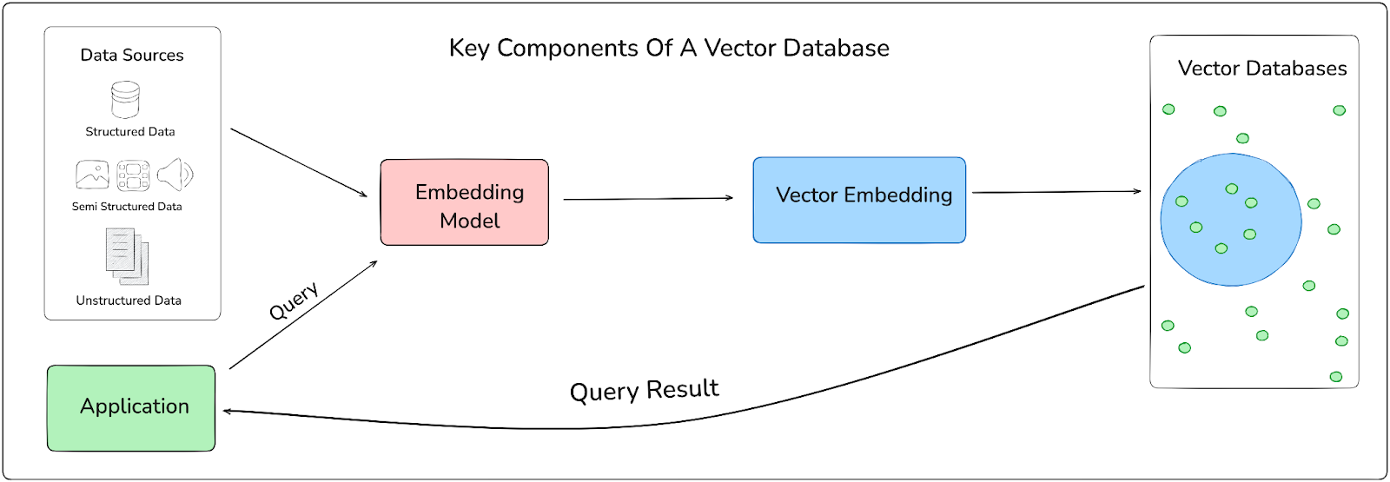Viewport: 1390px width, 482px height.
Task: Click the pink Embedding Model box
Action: coord(464,202)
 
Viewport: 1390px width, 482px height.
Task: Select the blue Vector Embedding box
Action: coord(859,200)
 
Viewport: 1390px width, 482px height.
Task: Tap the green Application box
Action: coord(131,408)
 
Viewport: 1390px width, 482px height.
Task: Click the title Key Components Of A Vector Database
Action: coord(669,49)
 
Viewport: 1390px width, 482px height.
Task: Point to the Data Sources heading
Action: coord(132,56)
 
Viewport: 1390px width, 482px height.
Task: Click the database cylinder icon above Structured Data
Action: coord(125,99)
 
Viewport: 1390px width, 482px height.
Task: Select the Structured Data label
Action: coord(130,131)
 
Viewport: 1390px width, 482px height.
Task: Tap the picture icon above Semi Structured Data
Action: coord(92,175)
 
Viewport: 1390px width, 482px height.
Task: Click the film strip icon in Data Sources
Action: coord(134,175)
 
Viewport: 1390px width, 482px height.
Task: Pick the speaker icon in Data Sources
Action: coord(175,174)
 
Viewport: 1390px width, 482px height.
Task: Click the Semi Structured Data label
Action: coord(127,207)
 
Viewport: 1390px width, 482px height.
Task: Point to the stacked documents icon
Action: coord(127,256)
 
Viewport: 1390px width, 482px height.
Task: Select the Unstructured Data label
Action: coord(129,300)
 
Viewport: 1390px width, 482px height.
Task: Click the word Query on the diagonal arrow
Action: coord(294,300)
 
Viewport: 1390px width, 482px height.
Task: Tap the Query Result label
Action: coord(644,390)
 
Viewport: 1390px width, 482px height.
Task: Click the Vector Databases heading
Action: coord(1262,69)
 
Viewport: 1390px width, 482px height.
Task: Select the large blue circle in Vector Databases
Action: coord(1231,220)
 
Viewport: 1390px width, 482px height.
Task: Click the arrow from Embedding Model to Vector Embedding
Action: coord(648,199)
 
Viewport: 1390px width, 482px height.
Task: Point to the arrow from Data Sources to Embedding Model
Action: coord(299,162)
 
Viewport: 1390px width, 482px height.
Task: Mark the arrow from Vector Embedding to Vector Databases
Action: coord(1056,192)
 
